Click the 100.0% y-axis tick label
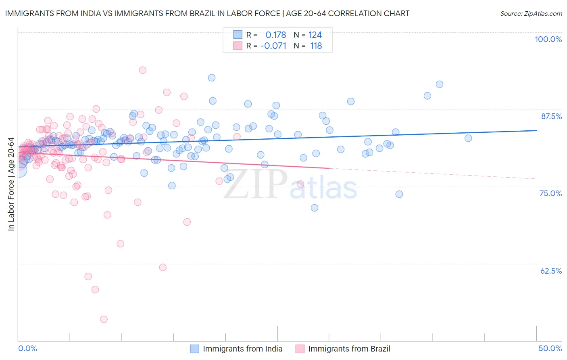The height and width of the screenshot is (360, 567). [548, 39]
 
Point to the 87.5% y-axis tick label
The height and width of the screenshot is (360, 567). [551, 116]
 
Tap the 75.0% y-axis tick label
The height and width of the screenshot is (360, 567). [550, 193]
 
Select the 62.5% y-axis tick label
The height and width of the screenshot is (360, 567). [551, 271]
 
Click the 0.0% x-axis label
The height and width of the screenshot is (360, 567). [27, 348]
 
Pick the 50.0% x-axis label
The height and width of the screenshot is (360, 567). [550, 348]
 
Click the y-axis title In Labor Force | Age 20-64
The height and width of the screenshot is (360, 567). [11, 184]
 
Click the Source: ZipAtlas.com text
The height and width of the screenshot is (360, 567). [531, 13]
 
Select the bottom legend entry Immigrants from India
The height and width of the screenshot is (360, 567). [242, 349]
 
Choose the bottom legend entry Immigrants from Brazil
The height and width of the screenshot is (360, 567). [349, 349]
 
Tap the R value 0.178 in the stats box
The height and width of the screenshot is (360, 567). [275, 35]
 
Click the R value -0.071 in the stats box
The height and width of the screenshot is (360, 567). [273, 46]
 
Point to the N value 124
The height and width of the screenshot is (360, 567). [315, 35]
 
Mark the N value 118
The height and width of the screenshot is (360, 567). [316, 46]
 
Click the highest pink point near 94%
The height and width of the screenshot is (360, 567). [142, 70]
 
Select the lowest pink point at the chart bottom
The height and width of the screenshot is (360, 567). [104, 319]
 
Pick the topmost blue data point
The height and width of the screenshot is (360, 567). [212, 77]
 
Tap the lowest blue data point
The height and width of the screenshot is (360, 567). [315, 208]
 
